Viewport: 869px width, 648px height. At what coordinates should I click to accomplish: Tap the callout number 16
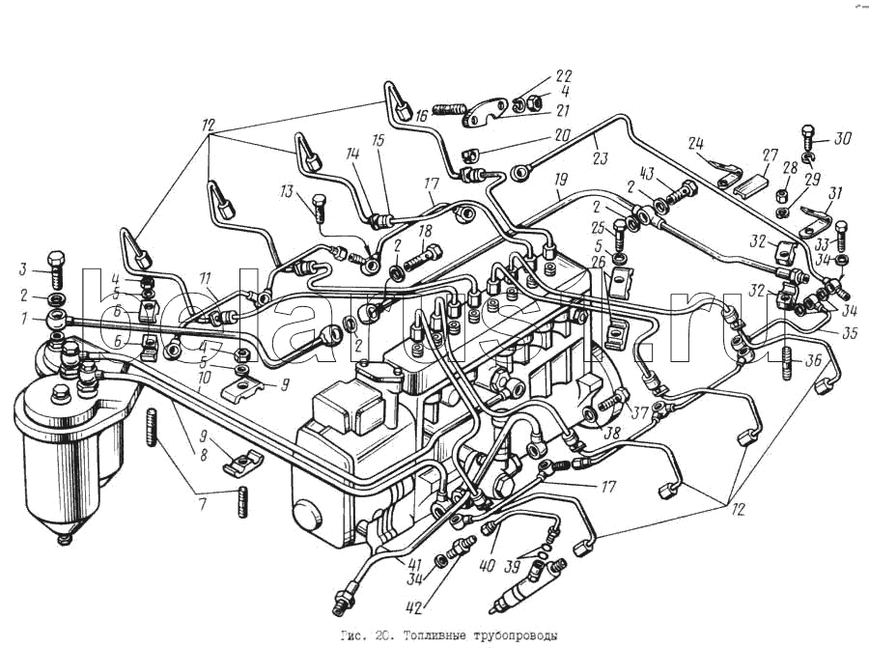point(421,116)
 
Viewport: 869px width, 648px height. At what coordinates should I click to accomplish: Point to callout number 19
point(559,180)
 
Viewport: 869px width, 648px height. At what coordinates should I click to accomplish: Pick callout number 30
point(844,138)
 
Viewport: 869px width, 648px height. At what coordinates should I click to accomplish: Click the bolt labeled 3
point(54,265)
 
